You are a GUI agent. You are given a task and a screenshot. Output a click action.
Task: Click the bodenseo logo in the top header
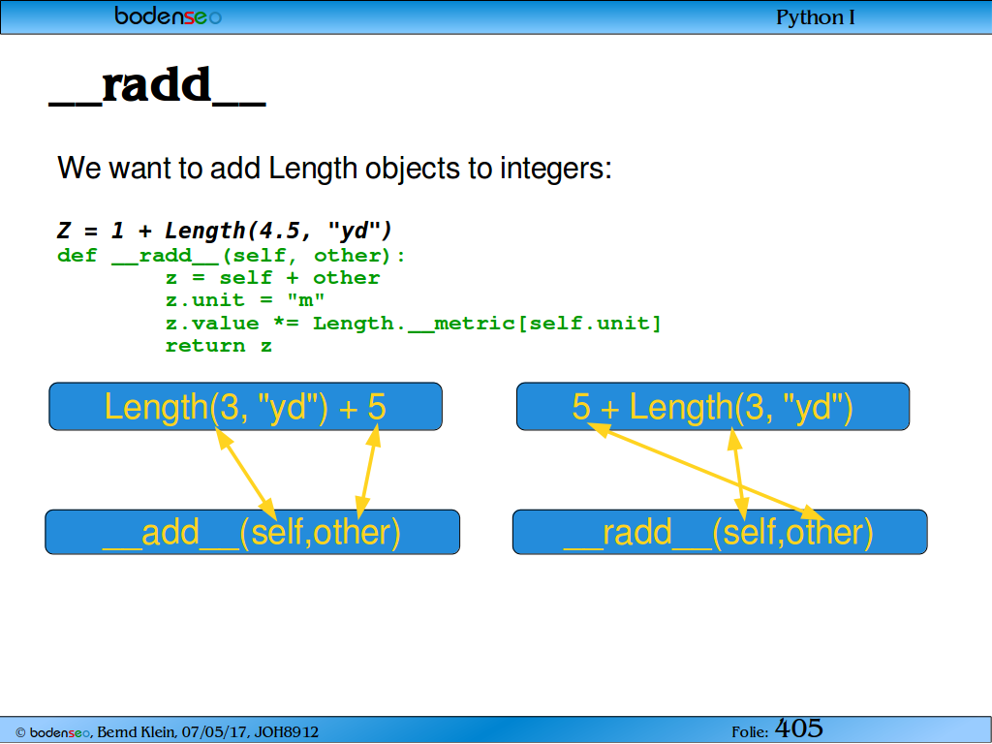coord(168,15)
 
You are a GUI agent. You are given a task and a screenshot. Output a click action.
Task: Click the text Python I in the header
coord(815,17)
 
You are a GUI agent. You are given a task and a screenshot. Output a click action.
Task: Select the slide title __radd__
coord(158,85)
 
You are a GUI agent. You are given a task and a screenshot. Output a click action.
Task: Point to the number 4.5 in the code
coord(279,231)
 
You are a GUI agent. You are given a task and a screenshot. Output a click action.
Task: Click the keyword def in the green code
coord(77,256)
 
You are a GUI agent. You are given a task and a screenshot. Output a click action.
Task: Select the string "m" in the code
coord(306,299)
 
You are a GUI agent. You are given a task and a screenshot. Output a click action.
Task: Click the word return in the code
coord(205,346)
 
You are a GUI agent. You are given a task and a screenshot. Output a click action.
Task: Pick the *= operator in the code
coord(286,323)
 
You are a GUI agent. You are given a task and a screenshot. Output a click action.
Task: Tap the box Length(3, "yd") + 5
coord(245,406)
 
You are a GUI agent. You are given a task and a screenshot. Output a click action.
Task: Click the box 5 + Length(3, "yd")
coord(713,406)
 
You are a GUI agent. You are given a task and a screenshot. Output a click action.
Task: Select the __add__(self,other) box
coord(253,532)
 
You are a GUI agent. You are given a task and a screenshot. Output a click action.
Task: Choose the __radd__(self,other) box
coord(720,532)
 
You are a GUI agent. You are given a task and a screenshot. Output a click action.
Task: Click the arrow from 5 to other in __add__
coord(367,472)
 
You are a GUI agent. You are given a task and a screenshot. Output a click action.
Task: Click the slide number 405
coord(799,728)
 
